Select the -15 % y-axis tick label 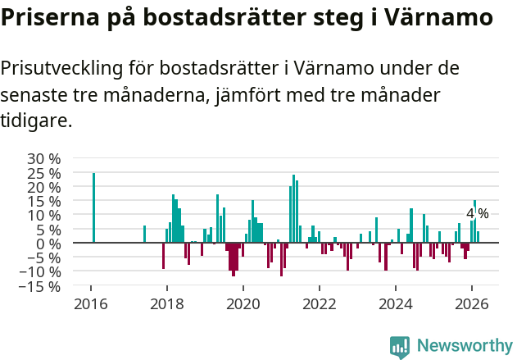tap(39, 286)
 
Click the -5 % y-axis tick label tap(43, 257)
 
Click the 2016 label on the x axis tap(90, 303)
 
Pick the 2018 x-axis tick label tap(166, 303)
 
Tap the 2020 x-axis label tap(243, 303)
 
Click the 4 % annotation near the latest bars tap(477, 214)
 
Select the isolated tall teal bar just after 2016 tap(93, 207)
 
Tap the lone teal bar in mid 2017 tap(144, 234)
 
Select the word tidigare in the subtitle tap(36, 121)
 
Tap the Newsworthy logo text tap(464, 345)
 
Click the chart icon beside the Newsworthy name tap(400, 346)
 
